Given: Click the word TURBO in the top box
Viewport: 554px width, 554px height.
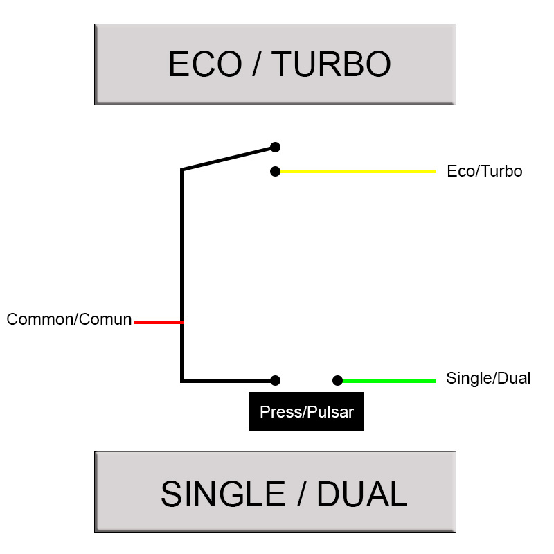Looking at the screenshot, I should (331, 64).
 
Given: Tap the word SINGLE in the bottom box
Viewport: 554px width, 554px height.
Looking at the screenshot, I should (222, 494).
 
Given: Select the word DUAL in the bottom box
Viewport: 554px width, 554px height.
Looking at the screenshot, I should (361, 494).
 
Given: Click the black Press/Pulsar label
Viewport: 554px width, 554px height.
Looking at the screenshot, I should (306, 413).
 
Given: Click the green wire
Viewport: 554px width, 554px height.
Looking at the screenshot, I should (388, 380).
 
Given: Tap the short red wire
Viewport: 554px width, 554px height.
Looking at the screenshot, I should (157, 322).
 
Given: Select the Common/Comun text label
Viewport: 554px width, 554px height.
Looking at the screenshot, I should (69, 319).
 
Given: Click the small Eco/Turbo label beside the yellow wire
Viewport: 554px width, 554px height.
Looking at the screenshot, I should (484, 171).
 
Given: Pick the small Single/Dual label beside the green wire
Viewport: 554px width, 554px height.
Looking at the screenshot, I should (488, 379).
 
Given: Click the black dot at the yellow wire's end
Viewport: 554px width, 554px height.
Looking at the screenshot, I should (275, 171).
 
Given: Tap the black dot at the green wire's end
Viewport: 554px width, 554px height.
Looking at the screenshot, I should (337, 380).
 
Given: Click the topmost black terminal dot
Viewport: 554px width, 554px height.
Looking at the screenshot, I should (275, 147).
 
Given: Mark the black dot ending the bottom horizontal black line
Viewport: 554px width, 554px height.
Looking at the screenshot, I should (275, 380).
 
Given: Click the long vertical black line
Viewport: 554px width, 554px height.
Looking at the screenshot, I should (181, 277).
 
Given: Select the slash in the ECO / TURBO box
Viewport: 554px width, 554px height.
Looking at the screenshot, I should (256, 64).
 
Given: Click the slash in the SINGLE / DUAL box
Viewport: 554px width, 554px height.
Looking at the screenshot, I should (301, 494).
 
